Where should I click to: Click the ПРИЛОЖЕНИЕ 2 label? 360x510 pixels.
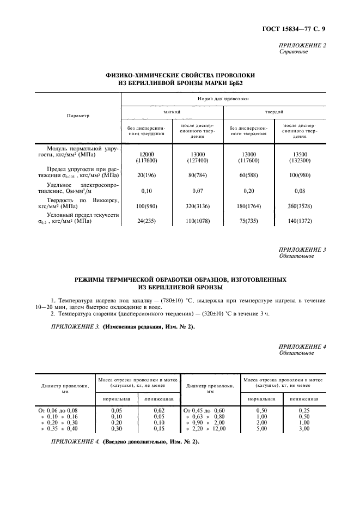pos(302,45)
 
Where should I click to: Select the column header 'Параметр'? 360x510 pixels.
pos(78,116)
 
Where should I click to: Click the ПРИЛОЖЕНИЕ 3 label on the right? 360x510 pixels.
pos(302,250)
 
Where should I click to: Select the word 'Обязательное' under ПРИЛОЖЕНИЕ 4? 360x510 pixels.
pos(296,353)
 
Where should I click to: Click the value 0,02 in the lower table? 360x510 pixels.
pos(158,410)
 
